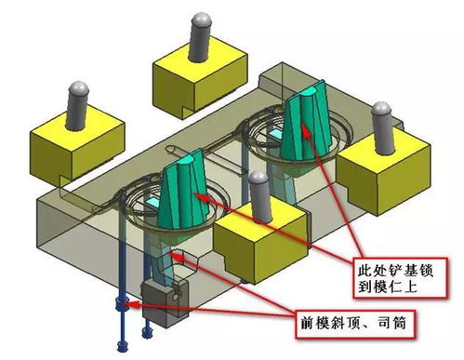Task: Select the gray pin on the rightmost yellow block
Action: tap(382, 126)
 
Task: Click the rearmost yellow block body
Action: tap(198, 80)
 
